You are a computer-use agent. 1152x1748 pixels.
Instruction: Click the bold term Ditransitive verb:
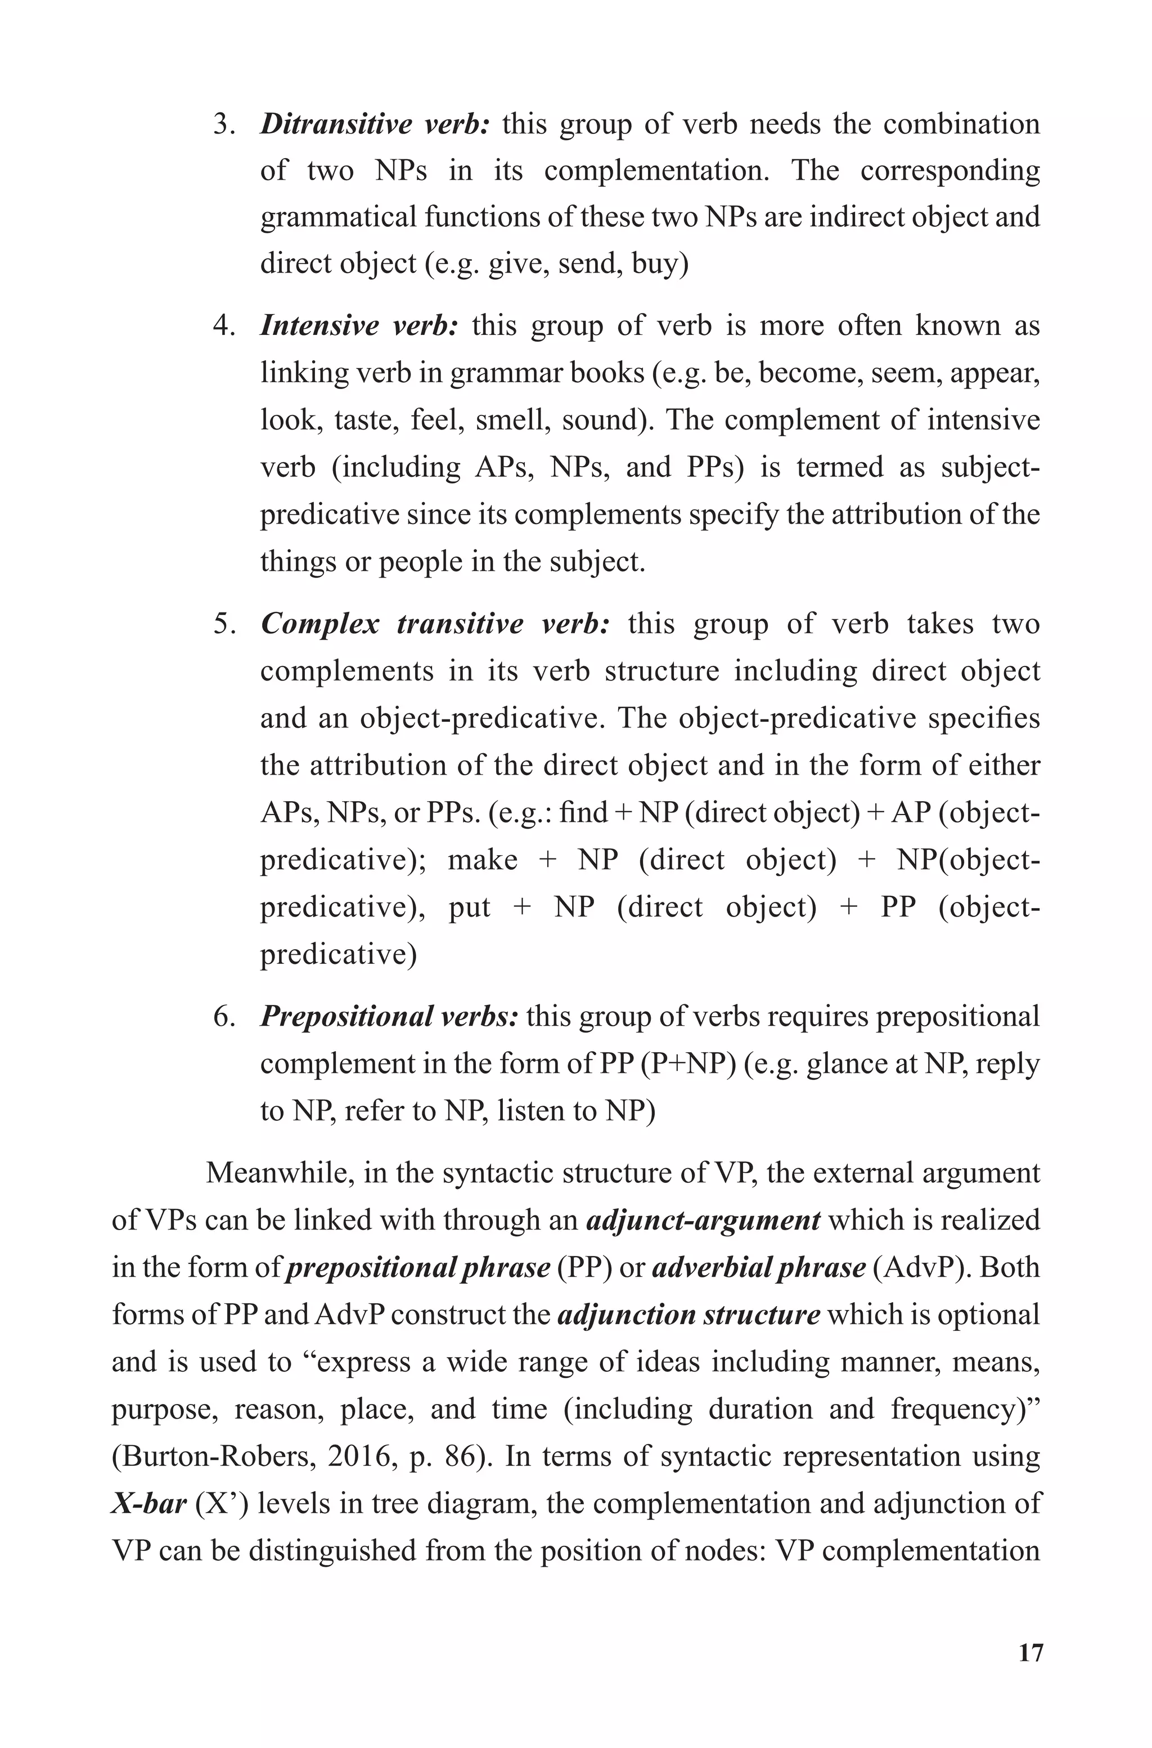(x=375, y=124)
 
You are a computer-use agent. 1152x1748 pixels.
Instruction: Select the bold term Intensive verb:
(x=360, y=325)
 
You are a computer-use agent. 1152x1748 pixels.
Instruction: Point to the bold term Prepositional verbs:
(x=389, y=1017)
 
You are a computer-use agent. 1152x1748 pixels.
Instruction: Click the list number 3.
(x=223, y=125)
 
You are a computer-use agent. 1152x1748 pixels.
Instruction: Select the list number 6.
(x=223, y=1017)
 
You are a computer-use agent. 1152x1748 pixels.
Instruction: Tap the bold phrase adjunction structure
(x=688, y=1315)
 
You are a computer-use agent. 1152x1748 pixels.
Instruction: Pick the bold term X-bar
(x=148, y=1503)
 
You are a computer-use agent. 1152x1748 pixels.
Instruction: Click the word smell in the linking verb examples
(x=510, y=421)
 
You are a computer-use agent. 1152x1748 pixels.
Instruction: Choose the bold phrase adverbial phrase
(x=758, y=1267)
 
